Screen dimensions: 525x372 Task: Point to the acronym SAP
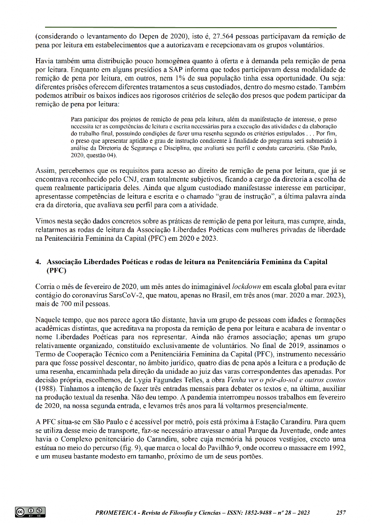179,69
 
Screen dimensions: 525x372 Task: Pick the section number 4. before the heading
38,261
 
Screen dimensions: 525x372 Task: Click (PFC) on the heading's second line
56,270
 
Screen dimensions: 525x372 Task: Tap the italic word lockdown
246,286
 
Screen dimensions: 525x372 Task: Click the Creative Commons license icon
30,512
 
